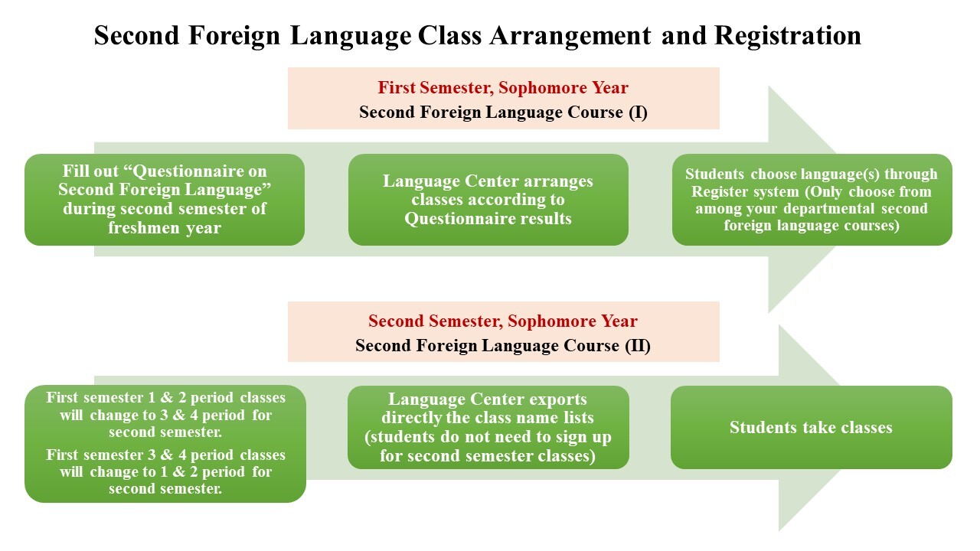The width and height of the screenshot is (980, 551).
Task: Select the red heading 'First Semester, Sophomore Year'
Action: (503, 87)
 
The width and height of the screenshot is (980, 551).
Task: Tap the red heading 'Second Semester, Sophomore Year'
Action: (503, 321)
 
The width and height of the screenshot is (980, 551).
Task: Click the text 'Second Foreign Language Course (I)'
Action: (503, 112)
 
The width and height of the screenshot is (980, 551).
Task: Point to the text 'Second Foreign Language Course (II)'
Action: (503, 346)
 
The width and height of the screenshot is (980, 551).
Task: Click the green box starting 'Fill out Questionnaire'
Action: (165, 200)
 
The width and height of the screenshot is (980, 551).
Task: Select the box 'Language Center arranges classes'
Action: (488, 200)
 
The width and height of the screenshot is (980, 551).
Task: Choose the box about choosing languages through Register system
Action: (812, 200)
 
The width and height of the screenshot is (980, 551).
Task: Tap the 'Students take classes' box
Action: (812, 427)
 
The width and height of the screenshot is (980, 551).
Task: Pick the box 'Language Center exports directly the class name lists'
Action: (488, 427)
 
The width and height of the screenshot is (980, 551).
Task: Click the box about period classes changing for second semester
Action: (165, 444)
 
